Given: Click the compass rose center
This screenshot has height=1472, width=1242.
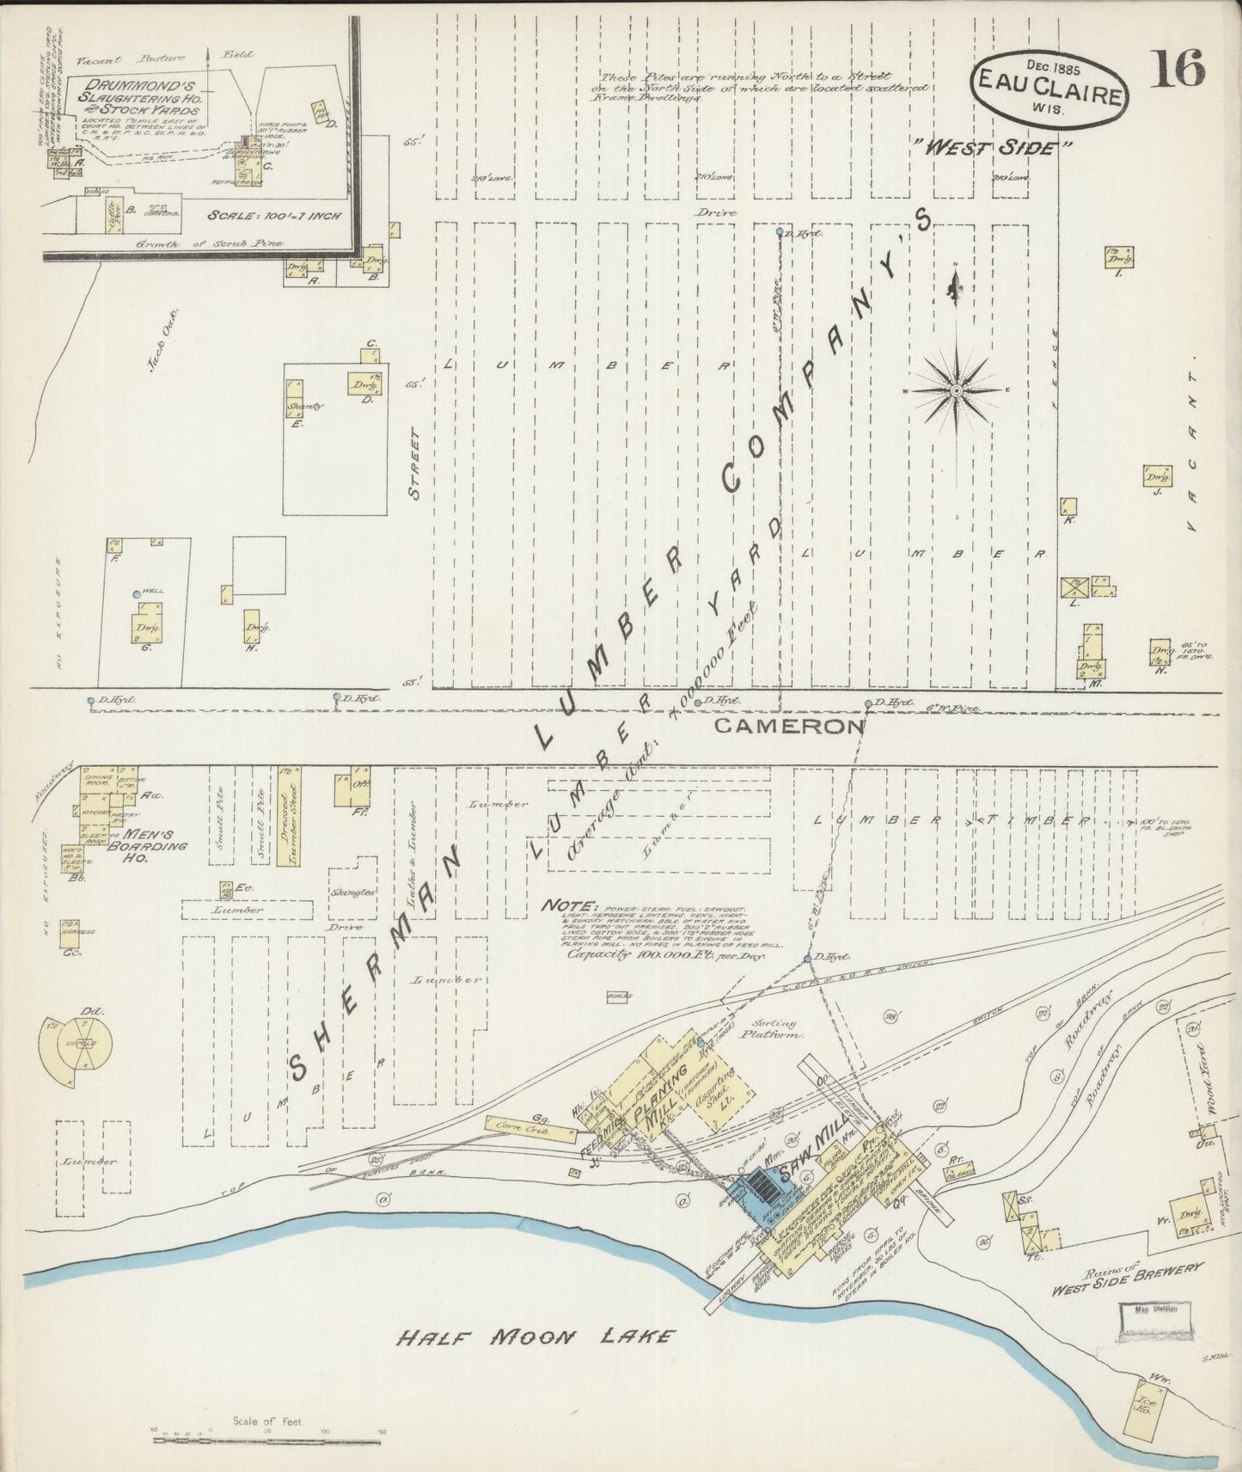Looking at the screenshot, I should [956, 391].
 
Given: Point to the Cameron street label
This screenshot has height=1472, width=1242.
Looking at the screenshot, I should [788, 727].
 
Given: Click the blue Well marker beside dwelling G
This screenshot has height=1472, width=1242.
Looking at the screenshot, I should [136, 594].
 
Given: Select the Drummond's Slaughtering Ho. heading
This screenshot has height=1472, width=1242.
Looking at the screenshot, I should [137, 96].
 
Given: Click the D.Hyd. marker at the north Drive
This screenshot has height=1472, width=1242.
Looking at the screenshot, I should [780, 232].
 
